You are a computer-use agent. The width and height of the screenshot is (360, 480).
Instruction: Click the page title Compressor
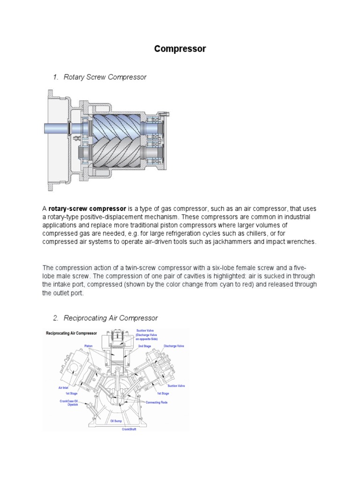point(180,49)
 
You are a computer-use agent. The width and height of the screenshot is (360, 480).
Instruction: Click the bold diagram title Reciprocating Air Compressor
point(71,334)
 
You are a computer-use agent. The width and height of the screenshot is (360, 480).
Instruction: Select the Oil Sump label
point(115,421)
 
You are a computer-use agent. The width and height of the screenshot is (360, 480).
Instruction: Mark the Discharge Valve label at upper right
point(173,346)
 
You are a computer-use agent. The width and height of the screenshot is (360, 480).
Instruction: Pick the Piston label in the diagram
point(89,346)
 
